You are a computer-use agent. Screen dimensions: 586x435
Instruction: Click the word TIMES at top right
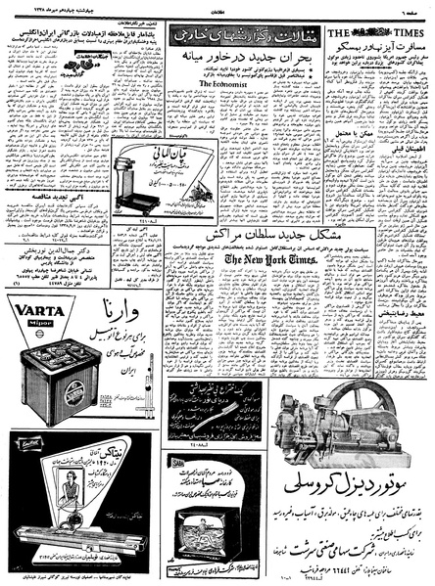pyautogui.click(x=412, y=32)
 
